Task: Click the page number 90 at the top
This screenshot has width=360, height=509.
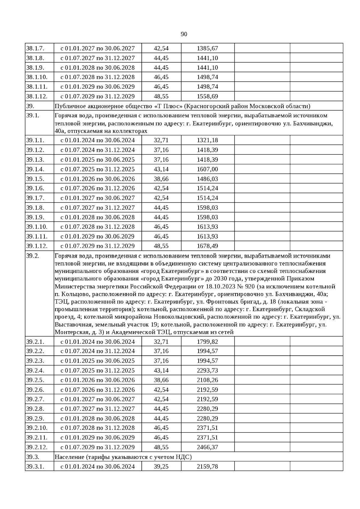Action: [x=184, y=34]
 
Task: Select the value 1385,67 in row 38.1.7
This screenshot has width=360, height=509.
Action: [x=207, y=48]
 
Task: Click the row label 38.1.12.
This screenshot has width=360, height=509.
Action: [x=37, y=96]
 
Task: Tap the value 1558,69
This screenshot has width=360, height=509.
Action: [x=207, y=96]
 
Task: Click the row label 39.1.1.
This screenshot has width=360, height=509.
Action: [x=35, y=140]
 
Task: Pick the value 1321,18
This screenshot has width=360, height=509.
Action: [x=207, y=140]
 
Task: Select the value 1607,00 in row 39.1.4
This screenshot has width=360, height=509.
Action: [x=207, y=169]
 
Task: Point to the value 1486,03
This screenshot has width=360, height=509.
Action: [x=207, y=179]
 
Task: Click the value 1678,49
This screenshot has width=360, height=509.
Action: [x=207, y=246]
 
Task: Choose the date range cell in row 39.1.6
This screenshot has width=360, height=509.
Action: [x=97, y=188]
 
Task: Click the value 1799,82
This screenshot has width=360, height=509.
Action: [x=207, y=342]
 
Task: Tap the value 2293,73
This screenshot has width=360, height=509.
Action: [x=207, y=370]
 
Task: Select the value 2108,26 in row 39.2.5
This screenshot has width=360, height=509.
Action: [x=207, y=380]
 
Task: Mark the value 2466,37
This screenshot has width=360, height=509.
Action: [x=207, y=447]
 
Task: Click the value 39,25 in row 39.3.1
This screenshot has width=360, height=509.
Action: [x=161, y=466]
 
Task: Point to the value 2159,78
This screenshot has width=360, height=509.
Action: [x=207, y=466]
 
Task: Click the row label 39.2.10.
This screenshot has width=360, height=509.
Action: [x=37, y=428]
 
